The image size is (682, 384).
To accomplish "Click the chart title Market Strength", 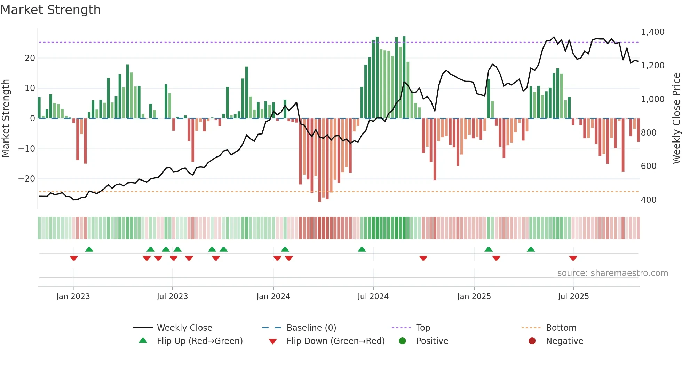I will (50, 10).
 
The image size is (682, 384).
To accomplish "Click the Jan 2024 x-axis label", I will (273, 297).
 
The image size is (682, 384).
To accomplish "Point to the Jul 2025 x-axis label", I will (573, 297).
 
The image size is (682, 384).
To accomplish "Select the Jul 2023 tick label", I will (172, 297).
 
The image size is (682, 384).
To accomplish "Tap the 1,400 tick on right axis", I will (652, 32).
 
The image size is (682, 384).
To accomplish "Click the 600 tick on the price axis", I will (649, 166).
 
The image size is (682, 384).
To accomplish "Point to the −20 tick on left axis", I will (27, 179).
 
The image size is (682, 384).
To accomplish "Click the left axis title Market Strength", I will (6, 118).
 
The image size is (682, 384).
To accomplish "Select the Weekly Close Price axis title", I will (676, 118).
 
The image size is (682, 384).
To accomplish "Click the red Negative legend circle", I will (532, 341).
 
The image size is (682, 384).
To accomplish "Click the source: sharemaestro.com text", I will (612, 273).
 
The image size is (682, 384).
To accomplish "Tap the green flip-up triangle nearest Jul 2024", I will (362, 249).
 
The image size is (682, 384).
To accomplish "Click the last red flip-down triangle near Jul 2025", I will (573, 258).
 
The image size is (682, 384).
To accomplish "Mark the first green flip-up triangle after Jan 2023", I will (89, 249).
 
